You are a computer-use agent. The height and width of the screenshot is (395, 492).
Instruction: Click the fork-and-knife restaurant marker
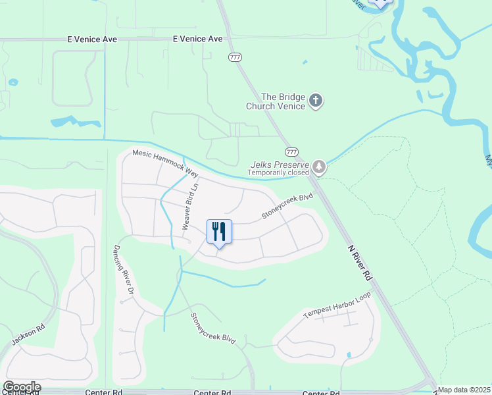tap(220, 232)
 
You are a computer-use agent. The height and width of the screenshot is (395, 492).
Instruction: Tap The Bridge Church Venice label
tap(276, 101)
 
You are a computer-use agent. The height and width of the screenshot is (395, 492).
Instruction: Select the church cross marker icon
tap(316, 101)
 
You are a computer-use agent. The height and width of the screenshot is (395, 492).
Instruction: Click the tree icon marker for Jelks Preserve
tap(319, 167)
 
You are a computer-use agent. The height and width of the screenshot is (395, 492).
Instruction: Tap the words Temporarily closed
tap(278, 173)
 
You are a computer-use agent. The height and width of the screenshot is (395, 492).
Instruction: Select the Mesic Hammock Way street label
tap(165, 162)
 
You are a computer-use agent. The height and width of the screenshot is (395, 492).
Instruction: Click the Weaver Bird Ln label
tap(190, 207)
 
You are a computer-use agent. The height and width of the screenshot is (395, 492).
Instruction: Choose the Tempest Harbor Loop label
tap(337, 305)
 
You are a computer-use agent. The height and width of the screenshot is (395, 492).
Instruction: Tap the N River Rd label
tap(360, 264)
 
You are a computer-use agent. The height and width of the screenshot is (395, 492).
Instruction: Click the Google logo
tap(21, 387)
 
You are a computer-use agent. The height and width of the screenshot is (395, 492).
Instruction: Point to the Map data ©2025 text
tap(464, 390)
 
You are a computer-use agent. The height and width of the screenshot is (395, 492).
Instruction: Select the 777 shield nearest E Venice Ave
tap(235, 58)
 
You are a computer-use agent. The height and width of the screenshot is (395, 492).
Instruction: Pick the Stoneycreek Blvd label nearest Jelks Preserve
tap(286, 206)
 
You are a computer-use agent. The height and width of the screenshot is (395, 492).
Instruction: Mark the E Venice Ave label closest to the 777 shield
tap(198, 39)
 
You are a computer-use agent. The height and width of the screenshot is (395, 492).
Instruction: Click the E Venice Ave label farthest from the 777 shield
tap(92, 39)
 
